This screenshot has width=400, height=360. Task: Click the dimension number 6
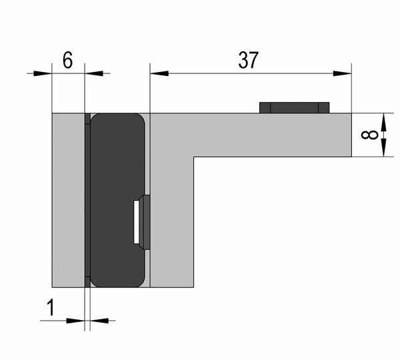point(68,60)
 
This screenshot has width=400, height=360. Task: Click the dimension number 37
point(248,60)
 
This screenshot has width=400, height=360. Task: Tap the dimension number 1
point(51,307)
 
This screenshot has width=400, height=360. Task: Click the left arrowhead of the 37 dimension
point(159,73)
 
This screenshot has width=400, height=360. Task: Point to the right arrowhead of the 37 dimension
point(343,73)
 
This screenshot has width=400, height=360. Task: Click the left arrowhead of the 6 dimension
point(43,73)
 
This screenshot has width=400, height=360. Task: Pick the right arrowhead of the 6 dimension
point(94,73)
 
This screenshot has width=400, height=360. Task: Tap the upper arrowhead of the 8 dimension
point(383,123)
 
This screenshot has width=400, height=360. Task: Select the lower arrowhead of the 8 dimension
point(383,147)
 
